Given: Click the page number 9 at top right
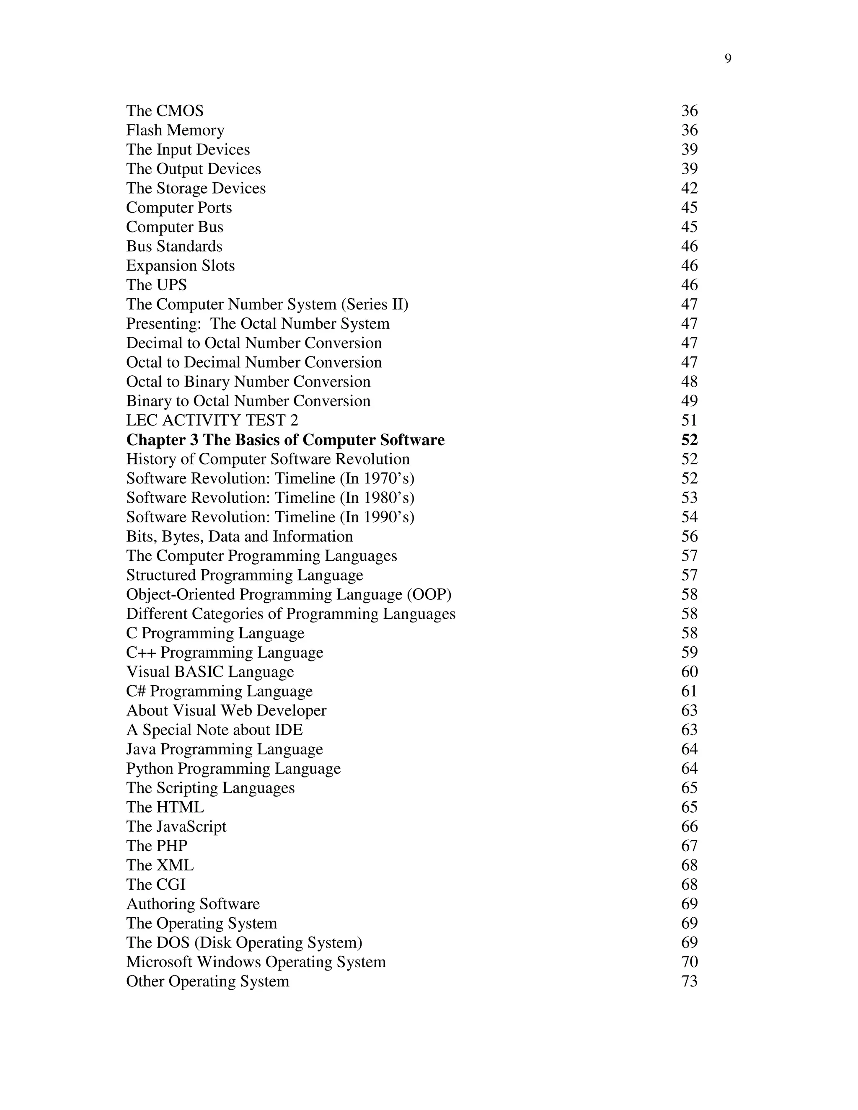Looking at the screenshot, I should point(728,59).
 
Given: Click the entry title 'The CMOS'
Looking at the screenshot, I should point(165,111).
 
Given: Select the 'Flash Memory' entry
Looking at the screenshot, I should point(175,130).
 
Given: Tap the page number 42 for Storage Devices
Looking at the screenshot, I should point(689,188).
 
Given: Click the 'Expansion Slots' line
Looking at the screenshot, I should point(181,265).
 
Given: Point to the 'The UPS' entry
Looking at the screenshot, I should point(157,284).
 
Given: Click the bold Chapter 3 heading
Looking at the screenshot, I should point(285,440).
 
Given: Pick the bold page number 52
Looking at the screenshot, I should point(689,440).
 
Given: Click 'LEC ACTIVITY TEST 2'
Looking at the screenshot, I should point(212,420).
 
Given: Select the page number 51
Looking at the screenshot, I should point(689,420).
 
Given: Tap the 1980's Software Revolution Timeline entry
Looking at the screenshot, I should point(270,498).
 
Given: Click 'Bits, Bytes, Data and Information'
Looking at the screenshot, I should point(239,536).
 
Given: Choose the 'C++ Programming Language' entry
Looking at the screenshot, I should point(225,652).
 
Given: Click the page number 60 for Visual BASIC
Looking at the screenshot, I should point(689,671).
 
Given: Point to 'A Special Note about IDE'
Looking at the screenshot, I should point(214,729).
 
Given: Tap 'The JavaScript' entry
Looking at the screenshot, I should point(176,826).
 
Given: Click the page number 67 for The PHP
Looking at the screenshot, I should point(689,845).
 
